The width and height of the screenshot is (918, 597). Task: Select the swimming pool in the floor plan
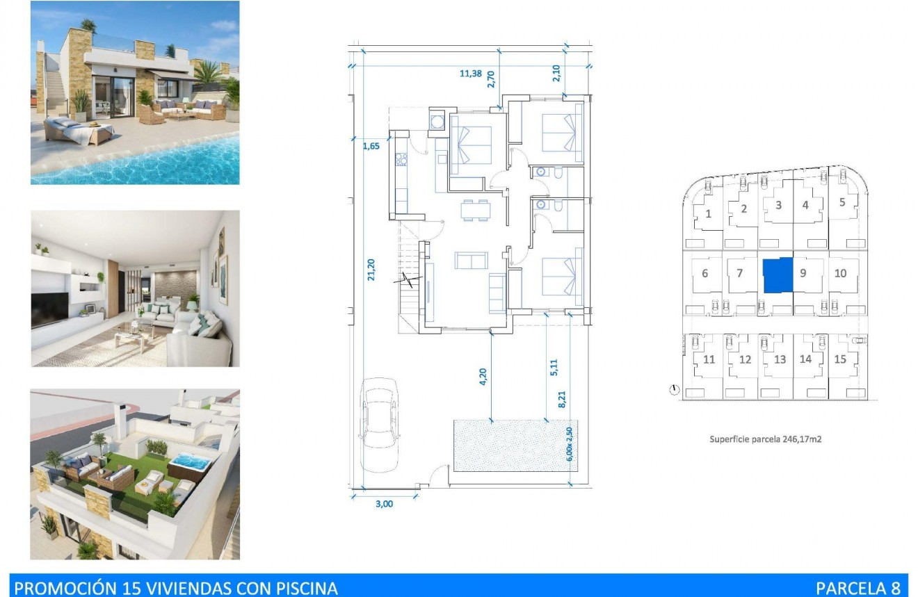511,445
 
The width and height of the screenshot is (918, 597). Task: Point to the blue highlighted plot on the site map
778,275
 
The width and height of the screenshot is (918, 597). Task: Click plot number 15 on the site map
840,359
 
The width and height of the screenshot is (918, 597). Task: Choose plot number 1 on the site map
709,213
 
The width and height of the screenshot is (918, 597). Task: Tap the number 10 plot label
840,273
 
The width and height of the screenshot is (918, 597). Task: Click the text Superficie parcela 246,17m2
766,439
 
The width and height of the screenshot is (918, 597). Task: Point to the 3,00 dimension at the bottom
384,505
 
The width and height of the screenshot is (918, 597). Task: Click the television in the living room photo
50,309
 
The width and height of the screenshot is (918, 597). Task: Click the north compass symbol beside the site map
673,390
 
